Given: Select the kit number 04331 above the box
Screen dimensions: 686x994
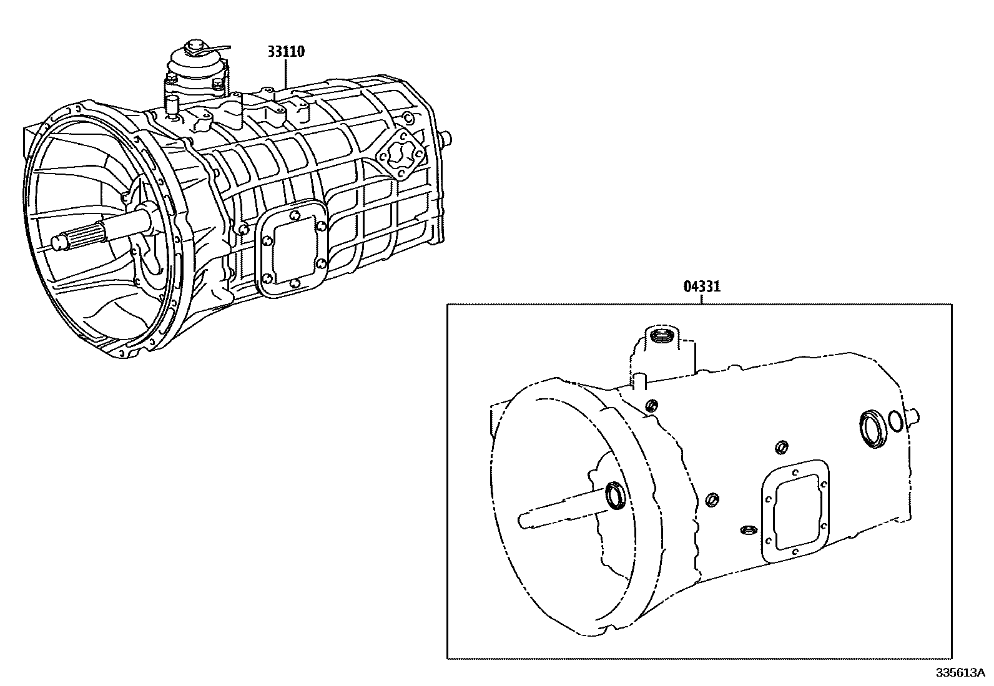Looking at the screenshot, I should click(x=701, y=287).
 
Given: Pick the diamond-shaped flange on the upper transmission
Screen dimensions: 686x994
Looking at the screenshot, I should click(x=397, y=156).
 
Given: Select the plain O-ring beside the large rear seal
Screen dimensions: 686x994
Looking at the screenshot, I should click(x=893, y=421).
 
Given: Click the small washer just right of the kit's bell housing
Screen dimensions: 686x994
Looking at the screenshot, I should click(x=711, y=499).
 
